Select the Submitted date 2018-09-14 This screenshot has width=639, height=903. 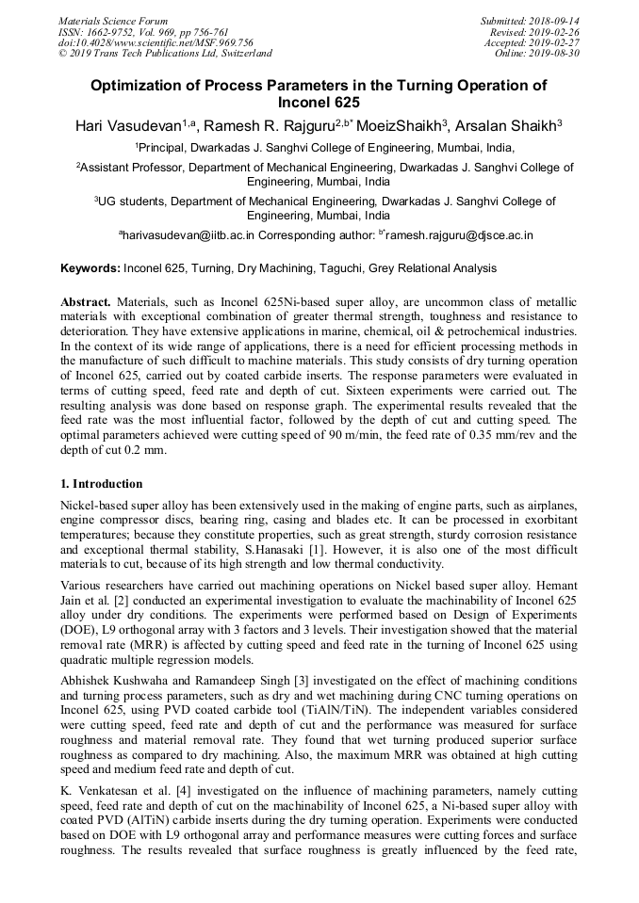pos(555,21)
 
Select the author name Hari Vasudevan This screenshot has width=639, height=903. pos(127,124)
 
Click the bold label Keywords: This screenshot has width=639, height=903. pos(90,269)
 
